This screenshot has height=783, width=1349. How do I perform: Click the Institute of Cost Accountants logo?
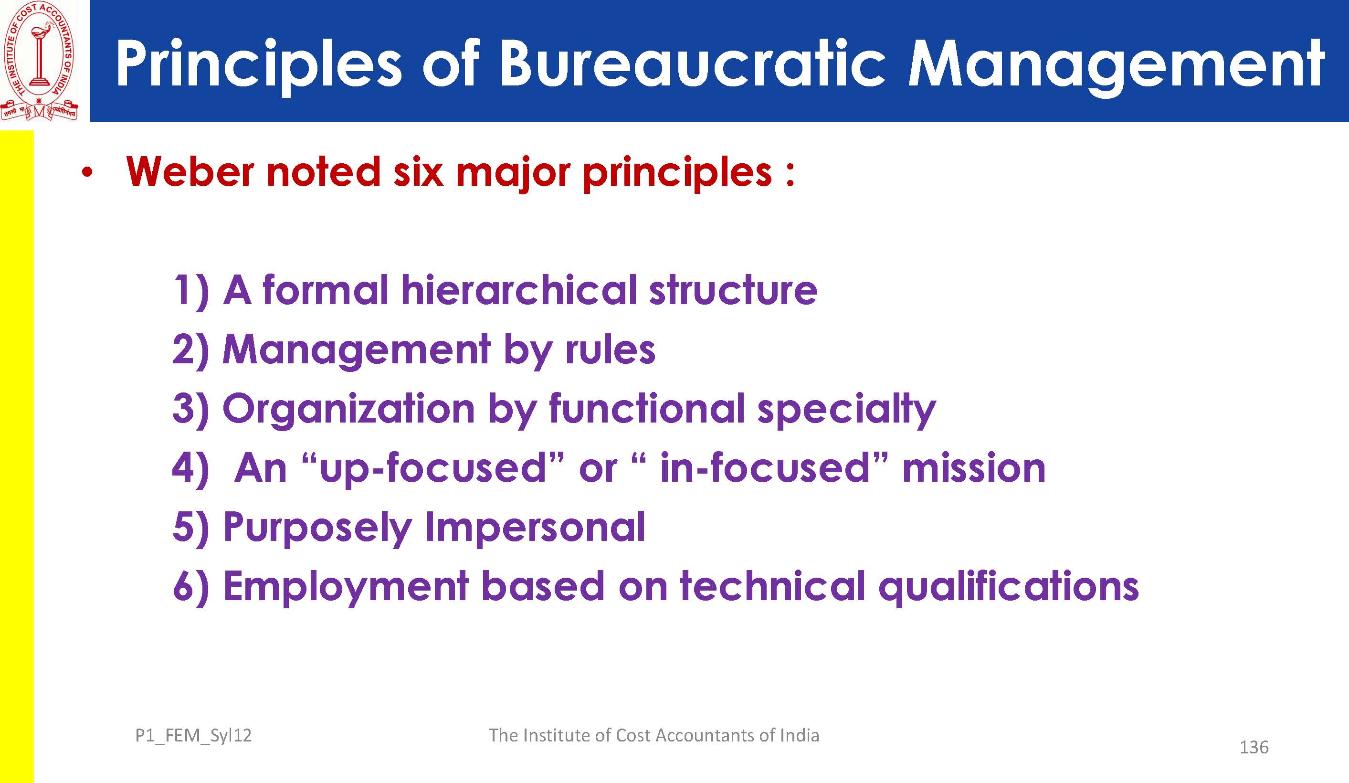coord(40,60)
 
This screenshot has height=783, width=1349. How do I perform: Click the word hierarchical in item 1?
coord(519,289)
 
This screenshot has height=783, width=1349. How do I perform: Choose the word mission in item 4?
coord(974,467)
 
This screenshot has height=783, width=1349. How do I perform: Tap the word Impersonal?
coord(535,528)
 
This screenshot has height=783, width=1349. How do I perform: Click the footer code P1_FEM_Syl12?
coord(193,736)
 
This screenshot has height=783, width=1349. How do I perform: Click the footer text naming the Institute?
coord(653,735)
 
